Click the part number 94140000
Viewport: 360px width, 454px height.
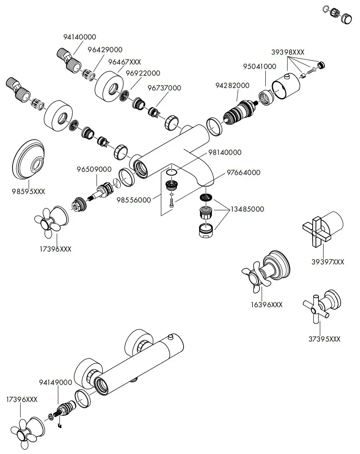(x=80, y=37)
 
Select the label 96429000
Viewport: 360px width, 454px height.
(x=105, y=50)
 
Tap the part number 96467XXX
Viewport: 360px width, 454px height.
(x=124, y=62)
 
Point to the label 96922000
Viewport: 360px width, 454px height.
(x=143, y=73)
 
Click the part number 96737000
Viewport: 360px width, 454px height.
(x=164, y=88)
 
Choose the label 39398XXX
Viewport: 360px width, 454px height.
(x=287, y=52)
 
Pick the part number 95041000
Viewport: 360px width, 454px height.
(x=259, y=66)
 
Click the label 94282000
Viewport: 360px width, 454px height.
(x=232, y=86)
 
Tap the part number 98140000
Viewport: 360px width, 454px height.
(x=225, y=152)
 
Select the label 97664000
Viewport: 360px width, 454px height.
(x=243, y=173)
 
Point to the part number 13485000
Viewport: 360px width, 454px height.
(x=247, y=209)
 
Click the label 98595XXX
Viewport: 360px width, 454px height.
(x=28, y=192)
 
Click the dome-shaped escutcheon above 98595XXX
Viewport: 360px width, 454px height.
(x=28, y=160)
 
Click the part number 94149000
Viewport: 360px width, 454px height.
(x=56, y=382)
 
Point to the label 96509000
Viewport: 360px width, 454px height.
(x=94, y=169)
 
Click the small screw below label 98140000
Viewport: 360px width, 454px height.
(x=171, y=202)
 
